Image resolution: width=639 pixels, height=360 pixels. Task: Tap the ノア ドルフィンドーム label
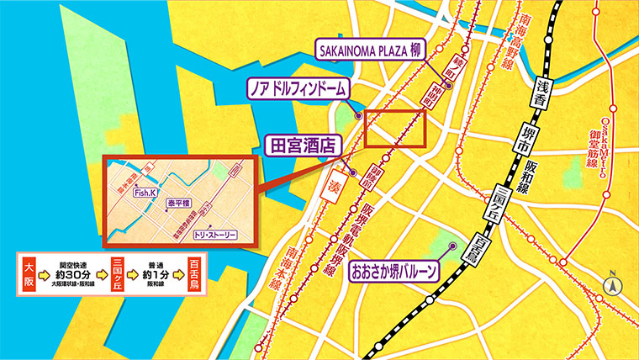[x=297, y=87]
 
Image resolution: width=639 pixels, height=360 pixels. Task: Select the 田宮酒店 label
[x=301, y=144]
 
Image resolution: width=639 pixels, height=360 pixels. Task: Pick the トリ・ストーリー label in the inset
[x=215, y=235]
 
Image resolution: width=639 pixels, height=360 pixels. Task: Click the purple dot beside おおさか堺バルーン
[x=452, y=246]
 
